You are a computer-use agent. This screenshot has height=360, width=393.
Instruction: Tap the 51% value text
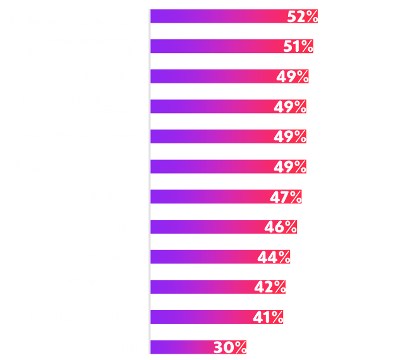pos(298,47)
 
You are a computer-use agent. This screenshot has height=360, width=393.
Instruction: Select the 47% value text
pos(286,197)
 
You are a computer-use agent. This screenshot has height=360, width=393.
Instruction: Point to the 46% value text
pos(281,227)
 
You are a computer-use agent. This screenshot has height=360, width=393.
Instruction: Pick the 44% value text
pos(274,257)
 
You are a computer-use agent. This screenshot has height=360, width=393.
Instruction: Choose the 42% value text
pos(270,287)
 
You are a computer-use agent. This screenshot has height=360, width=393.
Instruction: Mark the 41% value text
pos(268,317)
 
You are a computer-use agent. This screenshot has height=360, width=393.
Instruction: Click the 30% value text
pos(230,347)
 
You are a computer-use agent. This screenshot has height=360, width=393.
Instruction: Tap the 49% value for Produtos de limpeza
pos(290,136)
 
